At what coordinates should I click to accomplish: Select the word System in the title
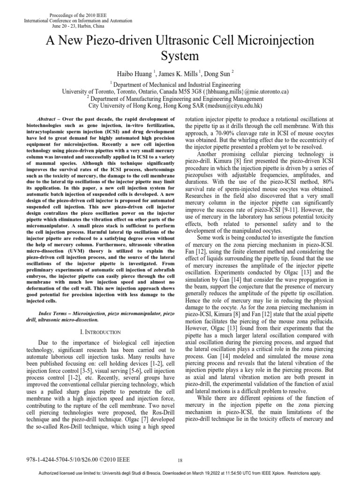coord(180,57)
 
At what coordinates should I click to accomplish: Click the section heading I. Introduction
coord(99,319)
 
